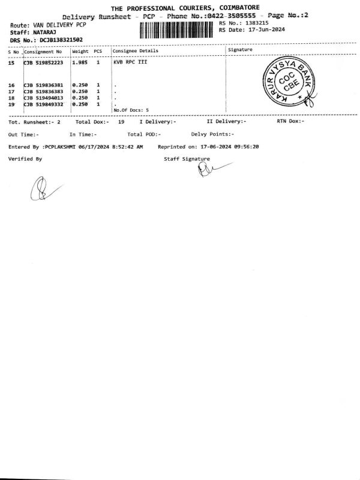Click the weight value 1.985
click(80, 62)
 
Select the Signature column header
click(240, 50)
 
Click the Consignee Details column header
click(135, 51)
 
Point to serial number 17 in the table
click(11, 92)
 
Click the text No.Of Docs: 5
click(131, 110)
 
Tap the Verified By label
click(25, 159)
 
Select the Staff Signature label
click(187, 159)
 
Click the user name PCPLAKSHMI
click(61, 147)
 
